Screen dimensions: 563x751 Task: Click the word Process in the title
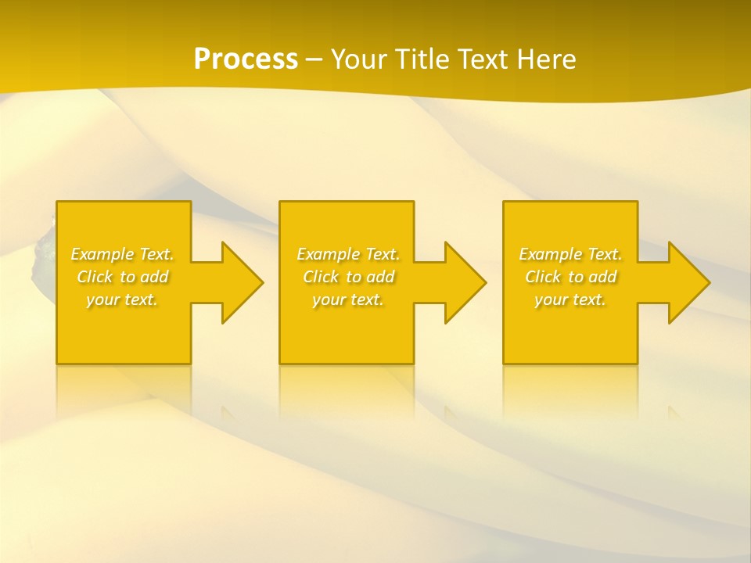coord(246,59)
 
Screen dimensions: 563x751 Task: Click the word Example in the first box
coord(102,254)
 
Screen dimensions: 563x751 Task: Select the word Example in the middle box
coord(328,254)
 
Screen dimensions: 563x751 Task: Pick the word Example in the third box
coord(550,254)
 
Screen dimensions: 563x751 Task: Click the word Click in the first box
coord(94,277)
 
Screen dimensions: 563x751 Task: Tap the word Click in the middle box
coord(320,277)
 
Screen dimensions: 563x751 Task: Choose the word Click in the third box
coord(542,277)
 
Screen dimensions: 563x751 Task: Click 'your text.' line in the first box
coord(122,299)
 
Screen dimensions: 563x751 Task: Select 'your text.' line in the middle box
coord(348,299)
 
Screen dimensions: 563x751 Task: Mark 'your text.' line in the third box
coord(570,299)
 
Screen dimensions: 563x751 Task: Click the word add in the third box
coord(603,277)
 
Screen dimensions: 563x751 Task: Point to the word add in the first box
coord(155,277)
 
